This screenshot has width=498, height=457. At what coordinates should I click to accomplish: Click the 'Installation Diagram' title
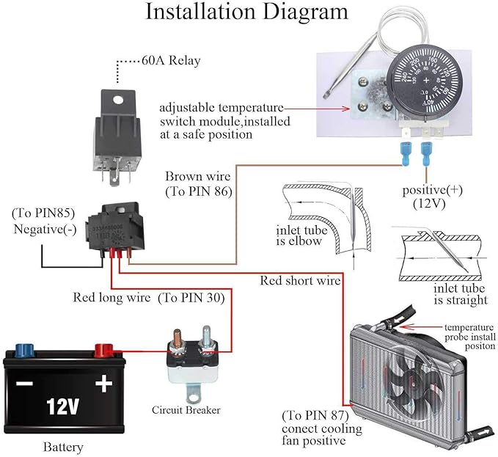[246, 12]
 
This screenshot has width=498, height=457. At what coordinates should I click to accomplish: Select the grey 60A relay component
[117, 132]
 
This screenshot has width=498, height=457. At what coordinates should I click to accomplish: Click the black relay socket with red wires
[111, 230]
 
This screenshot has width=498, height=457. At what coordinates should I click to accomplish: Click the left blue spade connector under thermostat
[407, 155]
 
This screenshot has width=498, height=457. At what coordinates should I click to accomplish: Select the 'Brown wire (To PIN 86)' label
[198, 184]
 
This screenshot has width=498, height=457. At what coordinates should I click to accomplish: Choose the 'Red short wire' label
[300, 281]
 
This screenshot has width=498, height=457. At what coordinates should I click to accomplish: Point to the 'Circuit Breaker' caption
[186, 409]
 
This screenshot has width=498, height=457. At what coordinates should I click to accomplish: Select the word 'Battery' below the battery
[62, 447]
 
